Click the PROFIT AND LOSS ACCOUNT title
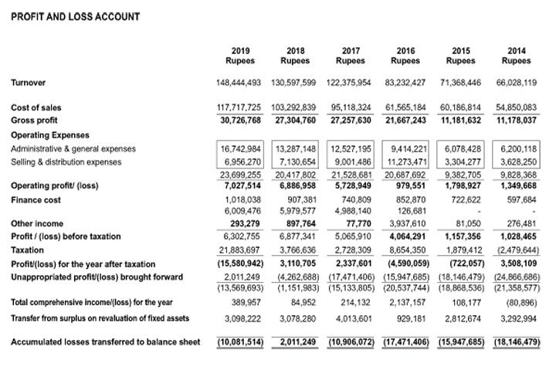[76, 16]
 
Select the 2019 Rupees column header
[240, 56]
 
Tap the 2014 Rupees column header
[516, 56]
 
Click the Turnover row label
[30, 82]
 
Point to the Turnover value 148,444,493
[240, 82]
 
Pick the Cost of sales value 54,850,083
[516, 107]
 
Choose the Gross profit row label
[33, 121]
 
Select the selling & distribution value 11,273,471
[405, 161]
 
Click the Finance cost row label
[36, 199]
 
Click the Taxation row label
[28, 250]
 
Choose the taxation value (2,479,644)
[516, 250]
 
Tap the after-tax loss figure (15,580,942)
[240, 263]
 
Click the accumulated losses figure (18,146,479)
[516, 342]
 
